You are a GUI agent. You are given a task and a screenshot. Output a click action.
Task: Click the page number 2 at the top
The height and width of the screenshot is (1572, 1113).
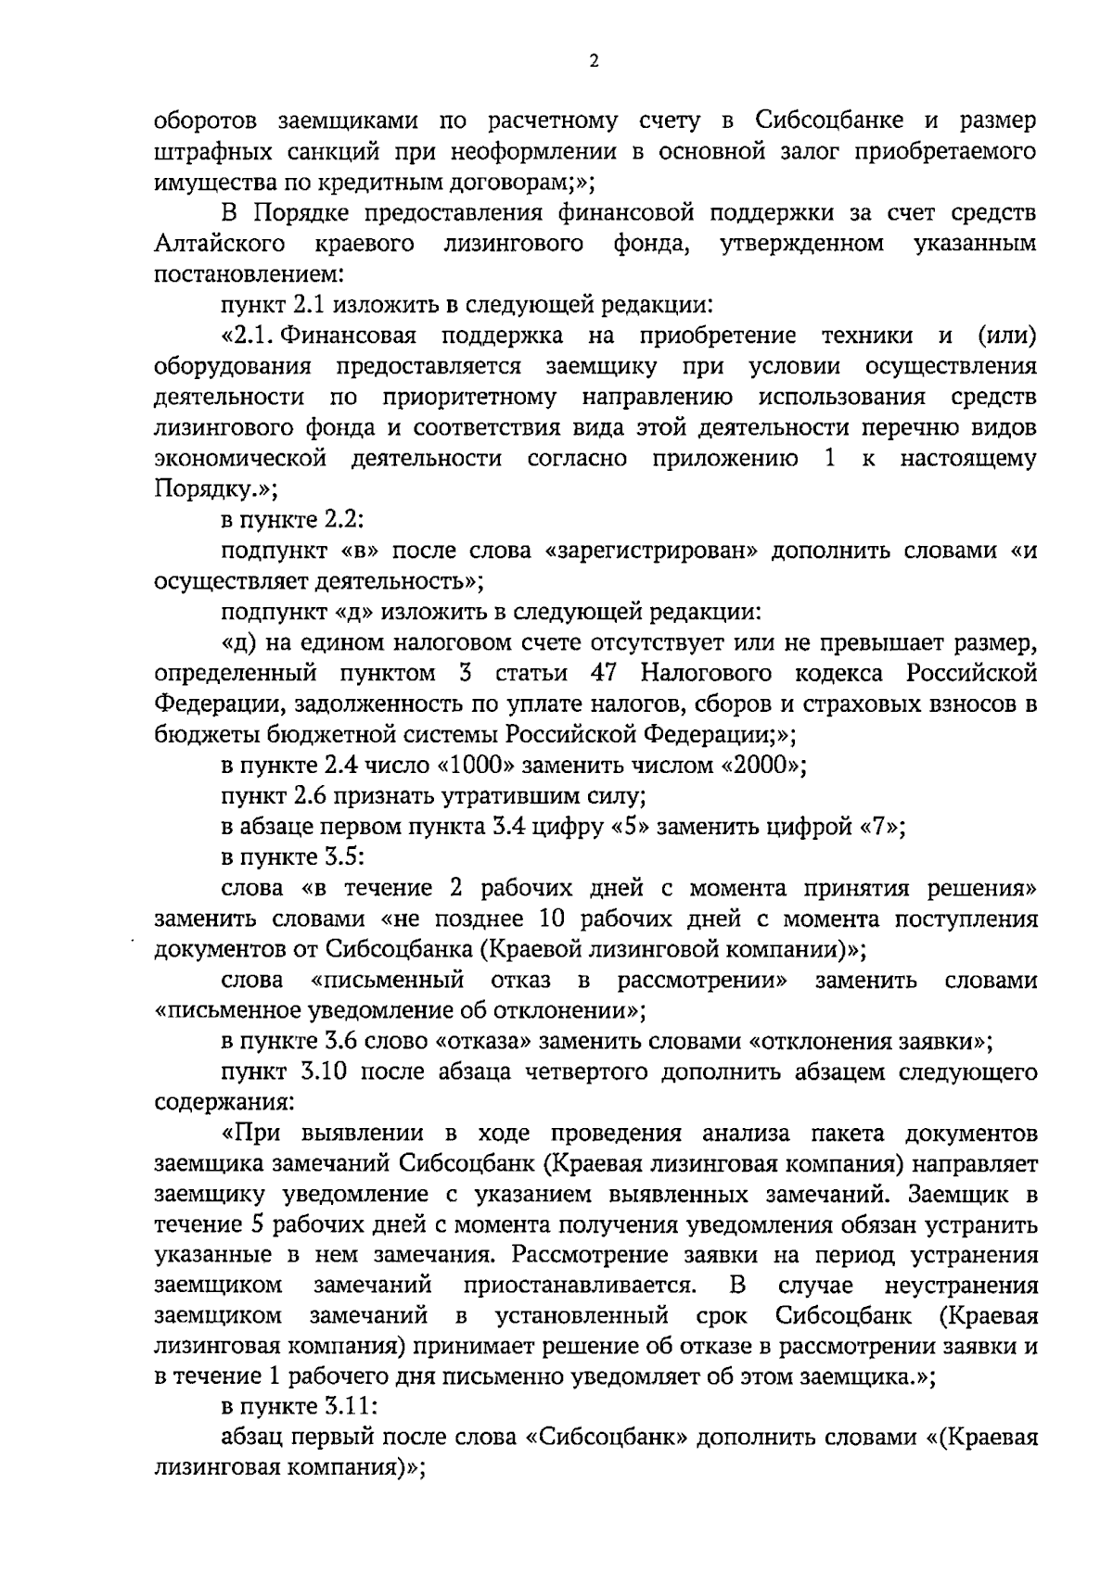click(x=594, y=62)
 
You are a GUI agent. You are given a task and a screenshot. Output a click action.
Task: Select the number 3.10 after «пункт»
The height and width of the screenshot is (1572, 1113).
click(x=323, y=1072)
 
